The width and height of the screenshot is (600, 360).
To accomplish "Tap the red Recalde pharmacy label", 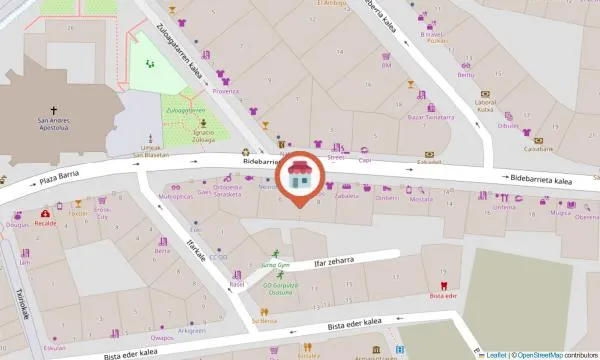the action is (x=45, y=224).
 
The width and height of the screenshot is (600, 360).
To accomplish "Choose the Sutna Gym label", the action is (x=275, y=265).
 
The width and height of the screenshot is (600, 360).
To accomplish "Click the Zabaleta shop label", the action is (x=347, y=197).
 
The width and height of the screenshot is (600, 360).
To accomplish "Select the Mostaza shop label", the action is (x=421, y=198).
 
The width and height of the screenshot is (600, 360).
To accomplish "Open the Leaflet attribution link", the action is (x=494, y=354).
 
